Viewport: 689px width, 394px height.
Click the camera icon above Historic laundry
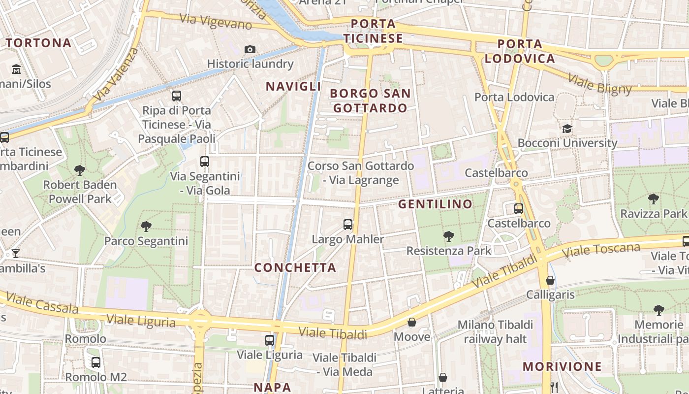[250, 49]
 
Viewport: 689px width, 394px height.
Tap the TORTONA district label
[39, 43]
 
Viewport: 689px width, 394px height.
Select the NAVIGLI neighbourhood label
[293, 86]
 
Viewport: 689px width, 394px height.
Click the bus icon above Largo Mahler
[348, 225]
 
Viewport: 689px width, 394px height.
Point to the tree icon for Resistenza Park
[448, 236]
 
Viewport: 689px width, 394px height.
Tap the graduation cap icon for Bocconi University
[567, 129]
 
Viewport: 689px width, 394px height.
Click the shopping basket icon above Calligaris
[550, 280]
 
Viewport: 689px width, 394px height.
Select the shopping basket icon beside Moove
[411, 322]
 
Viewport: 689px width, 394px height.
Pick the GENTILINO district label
[435, 204]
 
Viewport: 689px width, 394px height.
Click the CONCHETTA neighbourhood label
[295, 267]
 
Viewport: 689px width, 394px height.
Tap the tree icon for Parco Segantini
[146, 226]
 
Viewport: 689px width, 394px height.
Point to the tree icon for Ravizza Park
[653, 199]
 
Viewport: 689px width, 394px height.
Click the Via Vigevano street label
[216, 21]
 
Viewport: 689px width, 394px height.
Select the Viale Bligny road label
[599, 84]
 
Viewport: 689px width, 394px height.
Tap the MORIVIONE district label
[562, 366]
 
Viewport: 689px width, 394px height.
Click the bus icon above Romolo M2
[96, 362]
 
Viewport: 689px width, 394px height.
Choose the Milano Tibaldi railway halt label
[495, 331]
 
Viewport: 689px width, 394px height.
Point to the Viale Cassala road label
[42, 303]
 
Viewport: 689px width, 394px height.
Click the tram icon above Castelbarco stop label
[519, 208]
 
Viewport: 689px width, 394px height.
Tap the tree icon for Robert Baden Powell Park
[80, 170]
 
